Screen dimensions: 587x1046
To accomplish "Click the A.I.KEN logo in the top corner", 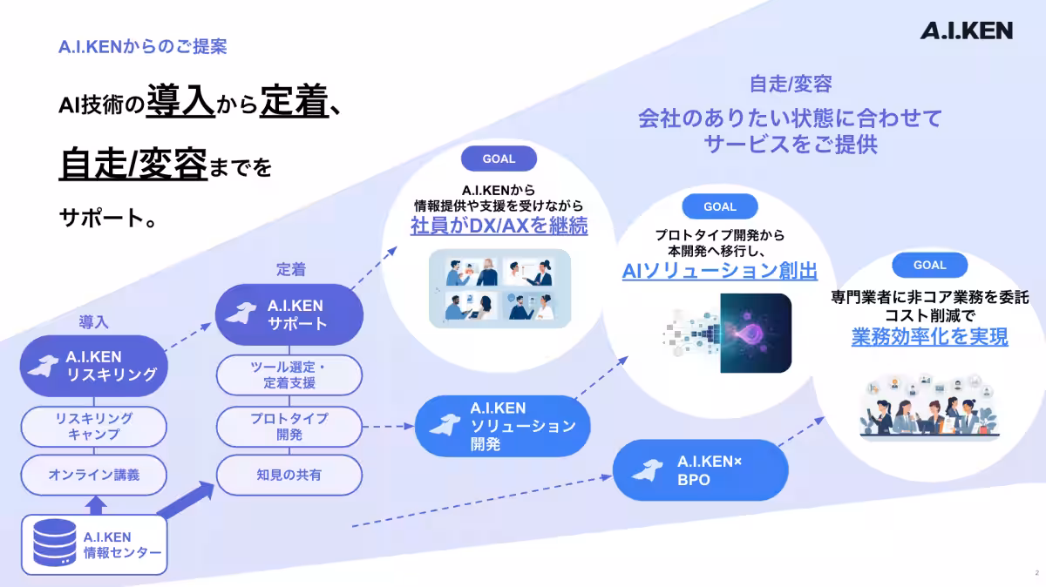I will [966, 30].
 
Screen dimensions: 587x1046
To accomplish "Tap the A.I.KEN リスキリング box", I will [94, 366].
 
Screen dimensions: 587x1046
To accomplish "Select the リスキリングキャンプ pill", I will [94, 427].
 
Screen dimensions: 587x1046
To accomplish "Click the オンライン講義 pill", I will [94, 475].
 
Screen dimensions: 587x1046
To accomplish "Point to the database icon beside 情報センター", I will [52, 544].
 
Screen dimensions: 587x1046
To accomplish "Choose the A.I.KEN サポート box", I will [289, 314].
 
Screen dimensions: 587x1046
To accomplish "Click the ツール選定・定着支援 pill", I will [289, 374].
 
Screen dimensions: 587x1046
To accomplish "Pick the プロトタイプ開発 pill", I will [289, 427].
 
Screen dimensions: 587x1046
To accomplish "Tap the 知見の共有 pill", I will [289, 475].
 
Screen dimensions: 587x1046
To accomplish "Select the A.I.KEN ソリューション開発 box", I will [503, 426].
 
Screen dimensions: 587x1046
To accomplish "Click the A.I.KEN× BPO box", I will [700, 471].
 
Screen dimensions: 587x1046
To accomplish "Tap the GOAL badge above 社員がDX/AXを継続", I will [499, 159].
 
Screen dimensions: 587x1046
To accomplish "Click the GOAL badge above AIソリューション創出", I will [720, 206].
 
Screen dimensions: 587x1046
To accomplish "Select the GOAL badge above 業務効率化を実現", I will [930, 265].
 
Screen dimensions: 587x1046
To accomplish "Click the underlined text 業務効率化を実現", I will [929, 336].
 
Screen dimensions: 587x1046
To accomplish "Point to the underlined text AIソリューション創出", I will [719, 271].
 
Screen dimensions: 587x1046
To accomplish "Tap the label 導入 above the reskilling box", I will [93, 321].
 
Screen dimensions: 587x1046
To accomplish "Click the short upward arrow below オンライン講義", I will [96, 504].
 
